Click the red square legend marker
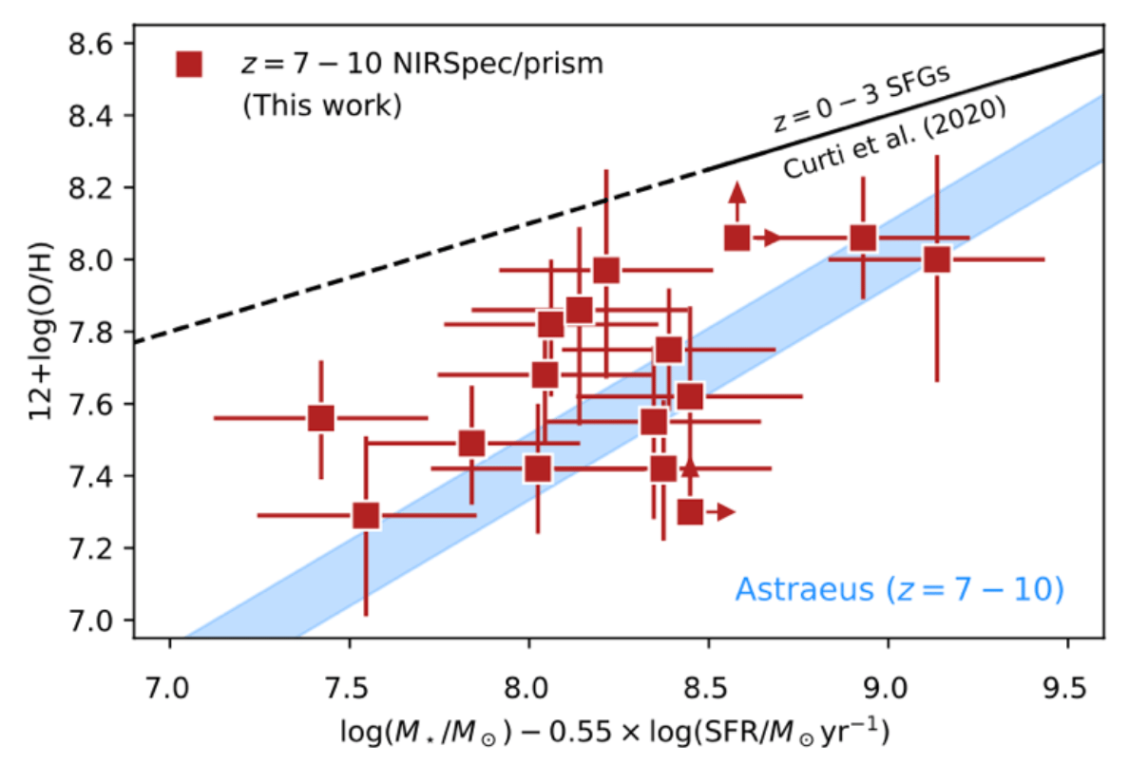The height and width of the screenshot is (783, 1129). [x=189, y=65]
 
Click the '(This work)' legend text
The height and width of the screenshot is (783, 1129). [x=322, y=105]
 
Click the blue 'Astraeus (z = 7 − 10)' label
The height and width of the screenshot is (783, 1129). [x=898, y=589]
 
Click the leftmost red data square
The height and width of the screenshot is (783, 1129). [x=321, y=417]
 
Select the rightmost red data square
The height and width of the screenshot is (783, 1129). [x=937, y=258]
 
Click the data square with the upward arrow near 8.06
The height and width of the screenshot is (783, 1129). [x=737, y=238]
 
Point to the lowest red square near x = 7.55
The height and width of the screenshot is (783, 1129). [x=366, y=515]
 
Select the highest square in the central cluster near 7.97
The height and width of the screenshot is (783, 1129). [x=606, y=270]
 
